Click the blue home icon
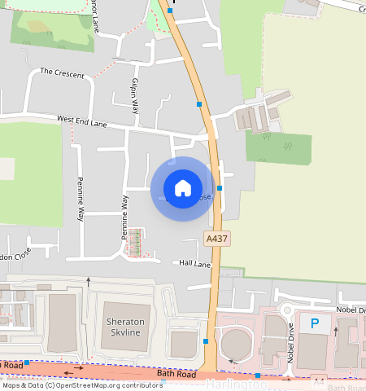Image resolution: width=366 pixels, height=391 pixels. coord(183,188)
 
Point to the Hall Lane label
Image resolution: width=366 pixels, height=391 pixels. coord(194,264)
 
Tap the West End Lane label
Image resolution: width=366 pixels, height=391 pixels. coord(82,121)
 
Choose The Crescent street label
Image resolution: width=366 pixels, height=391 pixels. coord(62,74)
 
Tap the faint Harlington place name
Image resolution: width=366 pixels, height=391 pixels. coord(236,384)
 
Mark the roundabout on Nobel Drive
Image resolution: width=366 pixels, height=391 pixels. coord(285,310)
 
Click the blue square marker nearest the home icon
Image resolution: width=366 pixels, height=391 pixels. coord(220,188)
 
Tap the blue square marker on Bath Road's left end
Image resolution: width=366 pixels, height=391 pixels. coord(27,362)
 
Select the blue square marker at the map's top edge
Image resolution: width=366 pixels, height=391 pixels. coord(169,11)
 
